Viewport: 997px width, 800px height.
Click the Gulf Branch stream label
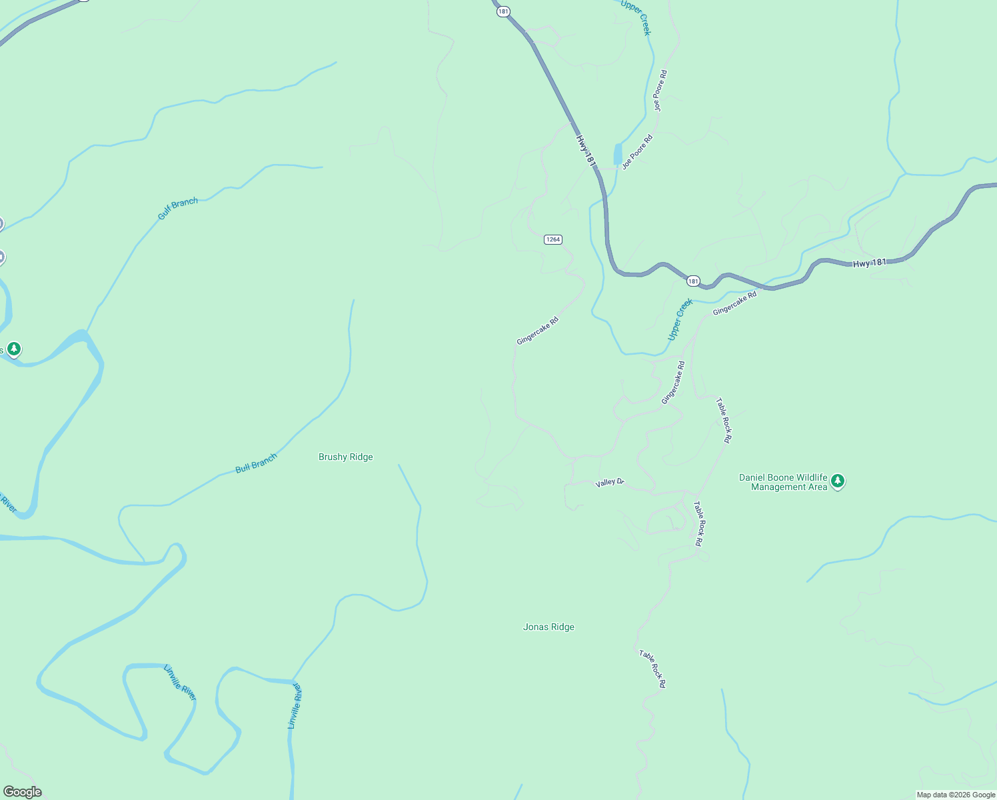[x=178, y=209]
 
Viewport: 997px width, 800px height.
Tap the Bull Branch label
[x=256, y=463]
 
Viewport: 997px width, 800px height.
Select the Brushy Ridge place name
[x=345, y=457]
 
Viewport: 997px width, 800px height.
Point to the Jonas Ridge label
[x=548, y=627]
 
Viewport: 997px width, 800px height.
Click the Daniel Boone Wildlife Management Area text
[x=783, y=482]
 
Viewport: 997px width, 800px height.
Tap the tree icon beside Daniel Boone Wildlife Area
[x=838, y=481]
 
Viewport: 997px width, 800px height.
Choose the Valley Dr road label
[x=609, y=482]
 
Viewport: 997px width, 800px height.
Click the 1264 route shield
[x=552, y=239]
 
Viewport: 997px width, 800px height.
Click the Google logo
[x=23, y=792]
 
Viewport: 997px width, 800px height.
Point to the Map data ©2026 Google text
[x=956, y=795]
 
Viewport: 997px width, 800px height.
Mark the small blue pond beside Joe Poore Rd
[x=618, y=155]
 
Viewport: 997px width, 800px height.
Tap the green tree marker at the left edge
[x=13, y=349]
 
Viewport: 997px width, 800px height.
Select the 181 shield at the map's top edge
[x=503, y=11]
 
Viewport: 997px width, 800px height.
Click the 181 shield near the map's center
[x=693, y=281]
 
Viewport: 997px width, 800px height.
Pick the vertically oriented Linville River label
[x=295, y=706]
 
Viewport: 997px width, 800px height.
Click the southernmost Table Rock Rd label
[x=652, y=669]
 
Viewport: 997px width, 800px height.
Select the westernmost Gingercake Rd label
[x=537, y=331]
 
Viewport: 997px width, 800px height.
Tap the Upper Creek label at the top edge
[x=635, y=17]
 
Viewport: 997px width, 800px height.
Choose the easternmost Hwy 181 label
[x=870, y=263]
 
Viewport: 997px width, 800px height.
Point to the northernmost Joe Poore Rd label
[x=660, y=91]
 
